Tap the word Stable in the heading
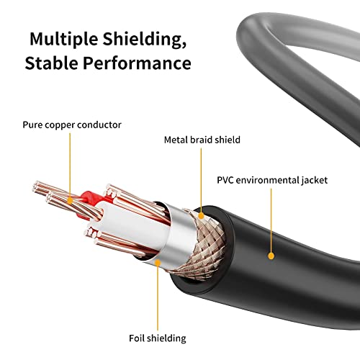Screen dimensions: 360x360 click(54, 63)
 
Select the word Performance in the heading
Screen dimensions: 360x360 click(139, 63)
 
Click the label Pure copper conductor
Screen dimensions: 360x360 click(72, 125)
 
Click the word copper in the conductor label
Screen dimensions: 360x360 click(68, 125)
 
